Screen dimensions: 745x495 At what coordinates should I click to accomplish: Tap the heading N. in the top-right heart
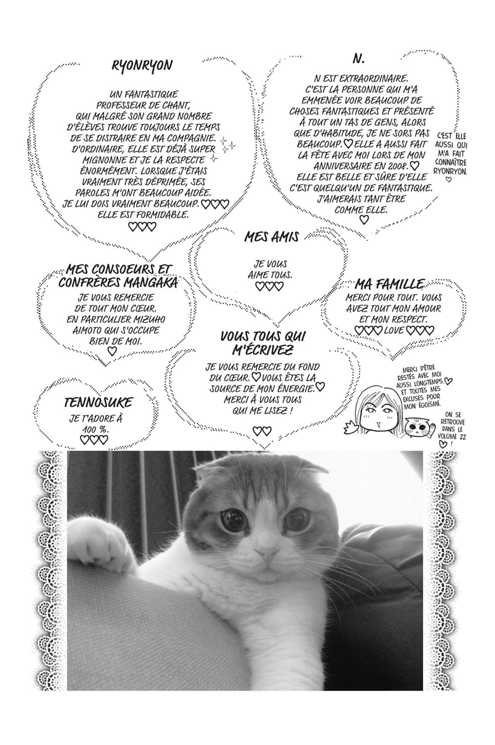[358, 58]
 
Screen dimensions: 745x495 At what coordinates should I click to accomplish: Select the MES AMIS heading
[271, 237]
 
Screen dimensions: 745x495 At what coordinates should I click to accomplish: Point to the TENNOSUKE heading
[94, 401]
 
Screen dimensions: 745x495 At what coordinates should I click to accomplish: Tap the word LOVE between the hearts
[394, 329]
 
